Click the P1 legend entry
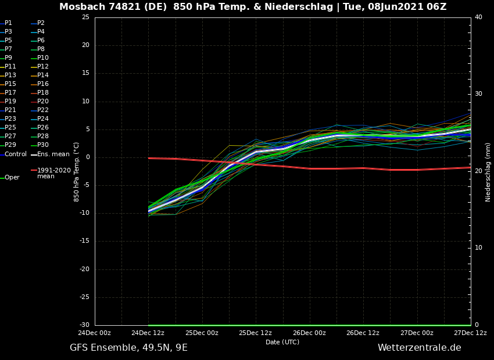(x=8, y=23)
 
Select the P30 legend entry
(x=43, y=145)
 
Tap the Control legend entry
(x=16, y=154)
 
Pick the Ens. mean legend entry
(x=53, y=154)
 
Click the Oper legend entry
(x=12, y=178)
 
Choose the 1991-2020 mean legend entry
(x=53, y=173)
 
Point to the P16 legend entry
(x=43, y=84)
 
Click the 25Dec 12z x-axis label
(x=256, y=333)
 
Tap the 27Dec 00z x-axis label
(x=417, y=333)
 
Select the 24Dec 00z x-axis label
(x=94, y=333)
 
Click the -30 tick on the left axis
(x=85, y=325)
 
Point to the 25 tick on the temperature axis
(x=85, y=17)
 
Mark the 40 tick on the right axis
(x=478, y=17)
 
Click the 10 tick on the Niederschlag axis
(x=478, y=248)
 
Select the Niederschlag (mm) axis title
(x=488, y=172)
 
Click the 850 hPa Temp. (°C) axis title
(x=77, y=172)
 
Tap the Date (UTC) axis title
(x=282, y=342)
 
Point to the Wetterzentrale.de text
(x=419, y=348)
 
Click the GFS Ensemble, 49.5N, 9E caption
(x=128, y=348)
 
